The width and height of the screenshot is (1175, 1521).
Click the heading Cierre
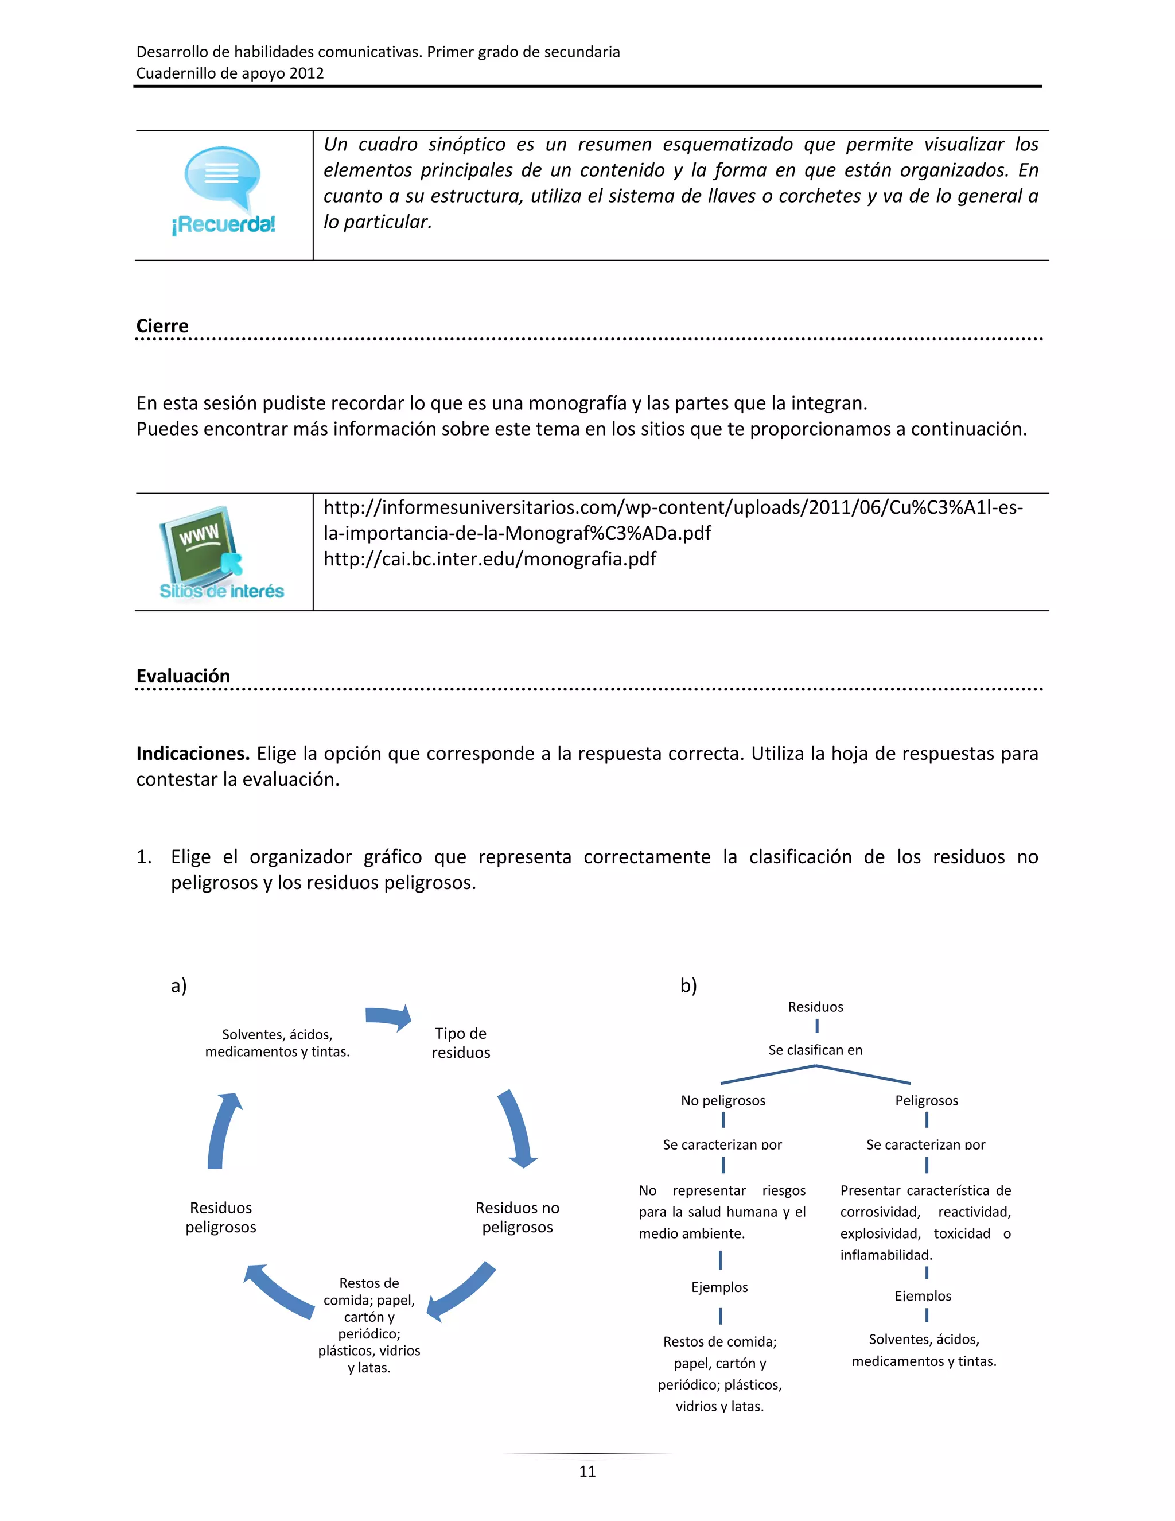(x=162, y=326)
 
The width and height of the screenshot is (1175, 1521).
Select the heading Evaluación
(x=183, y=676)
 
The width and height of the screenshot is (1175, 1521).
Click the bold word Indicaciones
(x=193, y=754)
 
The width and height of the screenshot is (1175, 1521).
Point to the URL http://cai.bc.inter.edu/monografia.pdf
(x=489, y=559)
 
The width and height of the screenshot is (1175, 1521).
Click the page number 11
(x=587, y=1471)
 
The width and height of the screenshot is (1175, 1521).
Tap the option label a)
(x=179, y=985)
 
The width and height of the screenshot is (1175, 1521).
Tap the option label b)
(x=688, y=985)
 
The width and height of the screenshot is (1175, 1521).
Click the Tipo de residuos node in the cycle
(x=460, y=1042)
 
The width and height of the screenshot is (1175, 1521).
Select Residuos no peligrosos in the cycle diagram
(x=517, y=1217)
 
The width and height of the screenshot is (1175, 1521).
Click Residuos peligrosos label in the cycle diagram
(x=221, y=1217)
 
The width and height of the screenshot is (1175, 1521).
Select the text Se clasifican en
(x=815, y=1050)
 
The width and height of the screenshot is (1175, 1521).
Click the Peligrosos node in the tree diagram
(x=926, y=1100)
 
